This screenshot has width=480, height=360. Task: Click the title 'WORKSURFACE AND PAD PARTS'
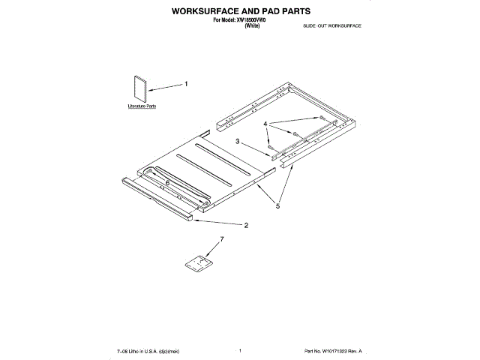(x=240, y=13)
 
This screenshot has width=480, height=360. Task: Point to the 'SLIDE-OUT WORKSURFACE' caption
(x=333, y=26)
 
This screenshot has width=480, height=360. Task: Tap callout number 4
(x=265, y=123)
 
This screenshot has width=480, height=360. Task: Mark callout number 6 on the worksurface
(x=167, y=182)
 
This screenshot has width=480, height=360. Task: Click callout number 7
(x=221, y=239)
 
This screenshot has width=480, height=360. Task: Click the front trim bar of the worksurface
(x=157, y=199)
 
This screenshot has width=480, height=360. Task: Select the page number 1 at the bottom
(x=239, y=349)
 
